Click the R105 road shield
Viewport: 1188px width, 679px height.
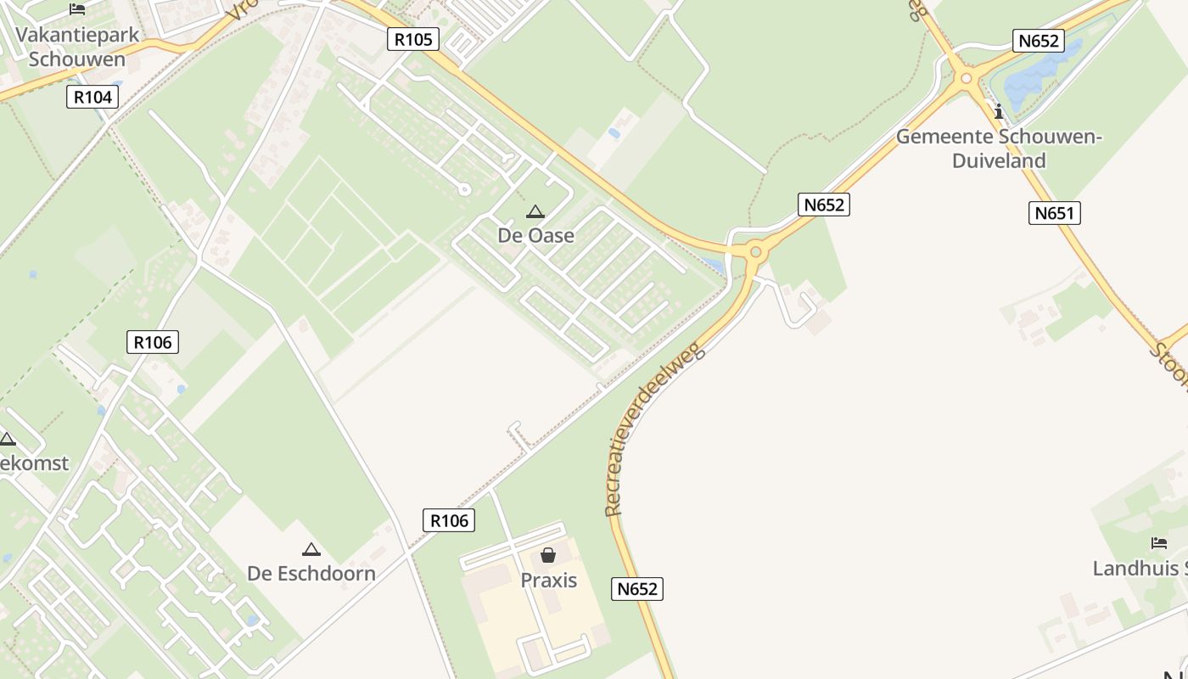pos(414,38)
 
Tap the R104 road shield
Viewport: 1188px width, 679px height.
pos(92,97)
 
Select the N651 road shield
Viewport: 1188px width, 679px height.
pos(1055,212)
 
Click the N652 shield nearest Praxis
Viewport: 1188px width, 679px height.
pos(636,588)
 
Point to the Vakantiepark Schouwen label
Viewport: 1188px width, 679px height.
pos(77,48)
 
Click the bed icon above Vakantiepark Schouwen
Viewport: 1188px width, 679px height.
pos(77,9)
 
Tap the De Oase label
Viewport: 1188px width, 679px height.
pos(535,235)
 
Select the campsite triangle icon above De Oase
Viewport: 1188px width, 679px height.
pos(535,211)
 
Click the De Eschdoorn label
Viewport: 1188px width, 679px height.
pos(311,573)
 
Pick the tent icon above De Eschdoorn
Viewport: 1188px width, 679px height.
pos(311,549)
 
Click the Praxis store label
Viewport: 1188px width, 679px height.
pos(548,581)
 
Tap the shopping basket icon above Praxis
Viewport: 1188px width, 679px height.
pos(548,555)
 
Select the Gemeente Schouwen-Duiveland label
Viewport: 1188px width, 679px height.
pos(998,148)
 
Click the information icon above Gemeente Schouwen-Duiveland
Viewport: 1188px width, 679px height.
pos(999,110)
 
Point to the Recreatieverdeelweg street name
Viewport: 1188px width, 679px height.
pos(654,429)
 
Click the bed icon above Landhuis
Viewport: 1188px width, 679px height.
pos(1159,543)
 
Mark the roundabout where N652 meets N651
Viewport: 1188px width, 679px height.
pos(966,79)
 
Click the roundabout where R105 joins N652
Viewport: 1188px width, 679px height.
pos(754,250)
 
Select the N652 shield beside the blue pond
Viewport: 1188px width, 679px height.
pos(1039,41)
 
